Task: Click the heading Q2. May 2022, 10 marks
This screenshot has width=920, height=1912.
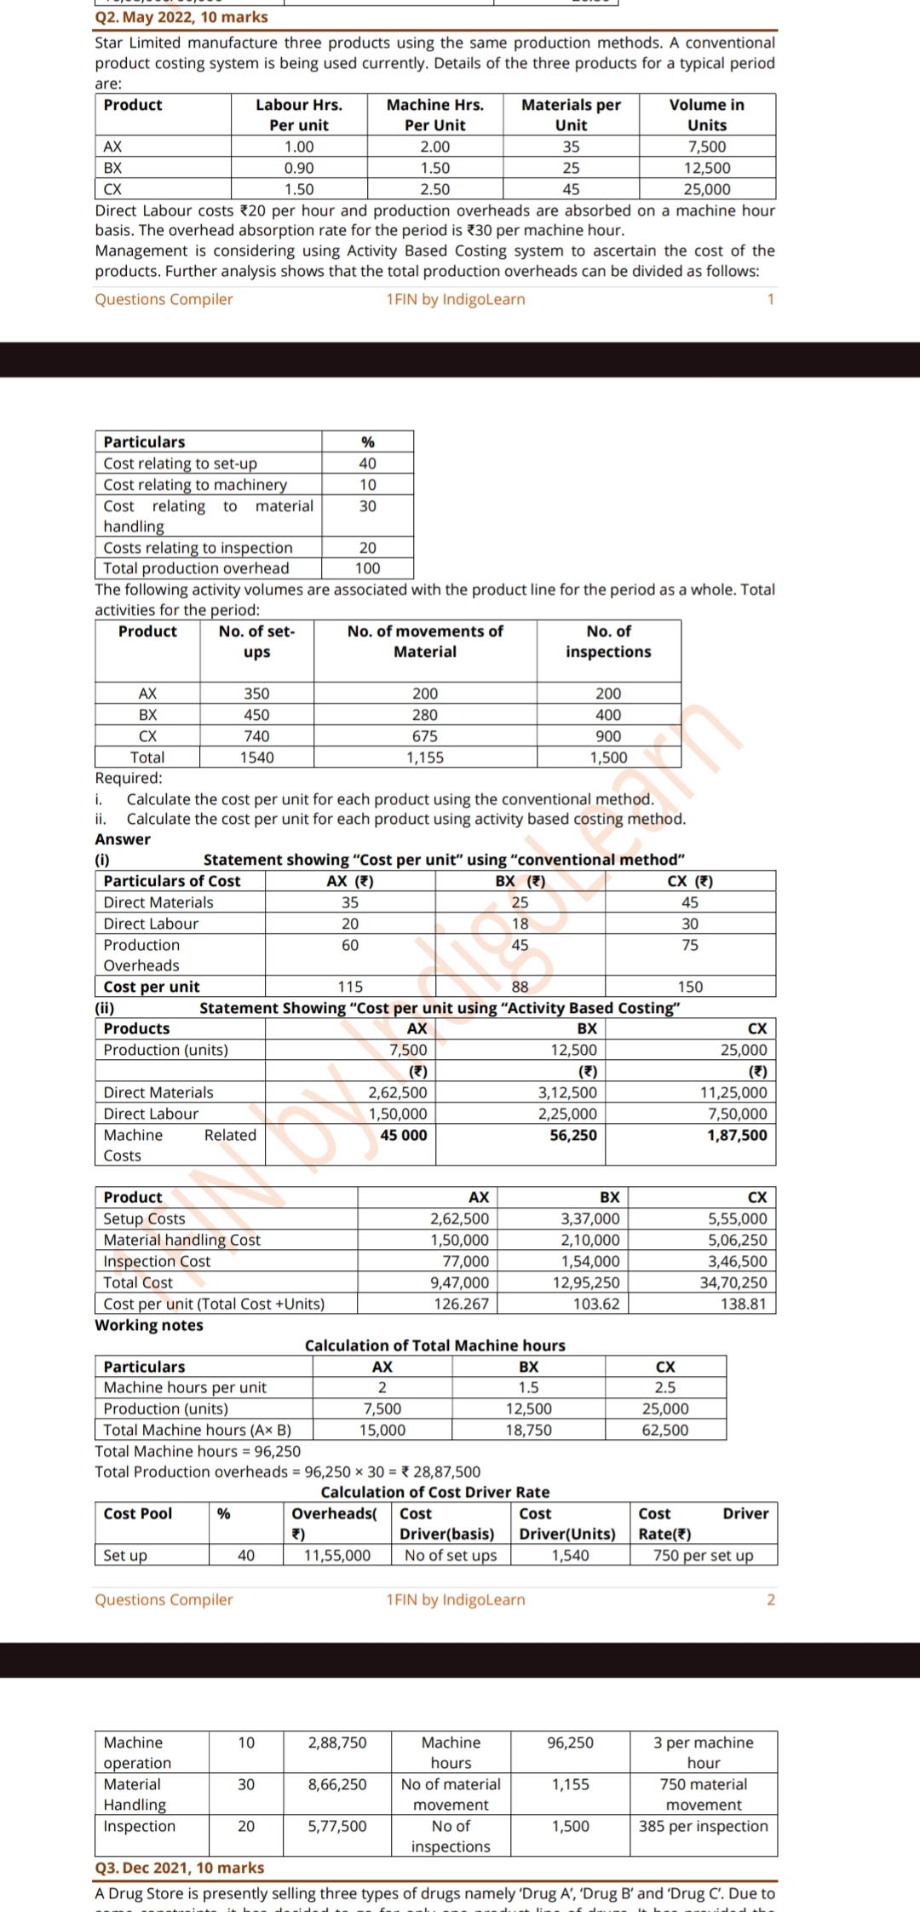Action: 181,17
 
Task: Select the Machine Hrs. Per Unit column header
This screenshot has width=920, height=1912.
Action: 434,114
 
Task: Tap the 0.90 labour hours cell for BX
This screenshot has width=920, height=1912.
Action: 299,168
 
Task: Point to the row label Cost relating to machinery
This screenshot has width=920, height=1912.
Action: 195,484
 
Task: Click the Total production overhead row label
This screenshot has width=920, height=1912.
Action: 196,568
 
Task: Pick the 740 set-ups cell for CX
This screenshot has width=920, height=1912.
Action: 256,736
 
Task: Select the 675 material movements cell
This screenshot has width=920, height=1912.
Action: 424,736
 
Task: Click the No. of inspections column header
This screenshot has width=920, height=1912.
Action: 608,642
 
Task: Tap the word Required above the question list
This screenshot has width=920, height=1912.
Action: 128,778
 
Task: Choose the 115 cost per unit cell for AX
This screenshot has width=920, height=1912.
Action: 350,987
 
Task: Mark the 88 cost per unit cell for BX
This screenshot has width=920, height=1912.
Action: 520,987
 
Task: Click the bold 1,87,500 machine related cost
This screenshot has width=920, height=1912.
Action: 736,1135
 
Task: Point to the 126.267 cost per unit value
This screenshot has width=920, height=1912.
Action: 461,1304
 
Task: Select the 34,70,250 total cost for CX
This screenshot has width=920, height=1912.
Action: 732,1282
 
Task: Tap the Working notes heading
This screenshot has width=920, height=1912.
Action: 149,1325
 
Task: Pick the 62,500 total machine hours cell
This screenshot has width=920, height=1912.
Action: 665,1430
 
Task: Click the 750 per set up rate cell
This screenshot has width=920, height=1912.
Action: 703,1555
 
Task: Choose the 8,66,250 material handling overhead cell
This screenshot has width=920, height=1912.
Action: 337,1784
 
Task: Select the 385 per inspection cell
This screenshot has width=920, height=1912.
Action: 703,1826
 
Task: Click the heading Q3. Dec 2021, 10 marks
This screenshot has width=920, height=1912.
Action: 180,1868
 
